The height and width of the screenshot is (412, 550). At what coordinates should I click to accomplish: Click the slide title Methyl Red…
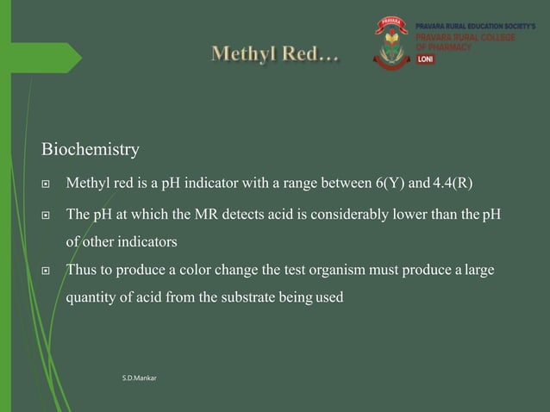[275, 55]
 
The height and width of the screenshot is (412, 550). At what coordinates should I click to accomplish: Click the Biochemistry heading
[90, 150]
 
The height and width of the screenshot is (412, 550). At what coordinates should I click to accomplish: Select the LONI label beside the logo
[426, 59]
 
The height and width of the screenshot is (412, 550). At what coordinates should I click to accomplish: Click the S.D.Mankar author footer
[139, 378]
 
